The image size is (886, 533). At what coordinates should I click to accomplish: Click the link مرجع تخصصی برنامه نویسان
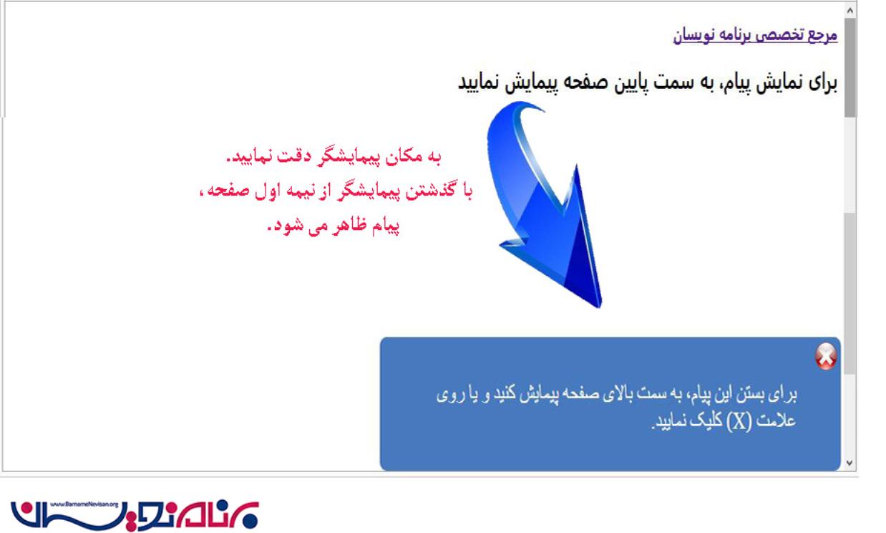(x=755, y=35)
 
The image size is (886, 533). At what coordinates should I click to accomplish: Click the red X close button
(x=826, y=356)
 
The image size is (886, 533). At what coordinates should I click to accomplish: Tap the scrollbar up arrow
(x=850, y=11)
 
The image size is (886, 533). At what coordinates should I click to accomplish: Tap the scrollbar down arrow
(x=850, y=462)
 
